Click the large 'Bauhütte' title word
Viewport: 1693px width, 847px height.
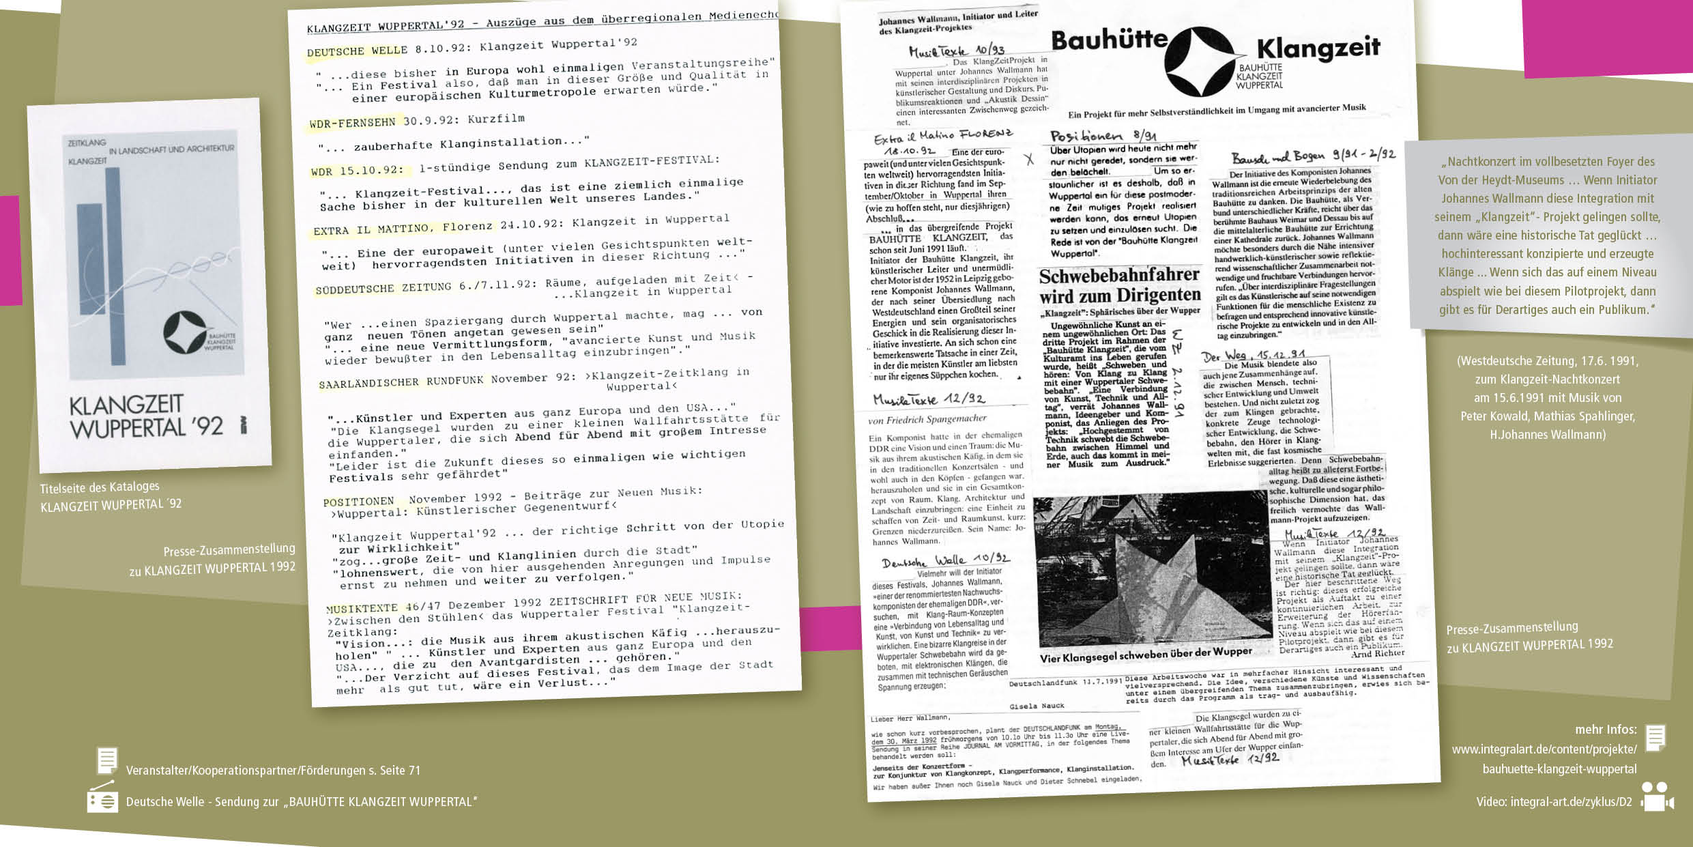(1109, 41)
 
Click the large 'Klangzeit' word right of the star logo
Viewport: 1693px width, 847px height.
(1318, 48)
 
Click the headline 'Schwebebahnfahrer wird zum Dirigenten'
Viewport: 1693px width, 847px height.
(1119, 285)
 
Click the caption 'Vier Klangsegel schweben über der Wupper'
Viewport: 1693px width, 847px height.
(1146, 654)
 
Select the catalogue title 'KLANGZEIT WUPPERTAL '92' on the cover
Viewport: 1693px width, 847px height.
(146, 416)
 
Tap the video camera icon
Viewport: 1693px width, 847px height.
(1657, 797)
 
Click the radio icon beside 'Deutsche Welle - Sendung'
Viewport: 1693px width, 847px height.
(102, 799)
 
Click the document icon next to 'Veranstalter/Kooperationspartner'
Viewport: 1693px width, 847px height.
(106, 760)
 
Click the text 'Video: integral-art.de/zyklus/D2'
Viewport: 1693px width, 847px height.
(1554, 801)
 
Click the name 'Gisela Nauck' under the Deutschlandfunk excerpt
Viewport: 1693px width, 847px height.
(1037, 706)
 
